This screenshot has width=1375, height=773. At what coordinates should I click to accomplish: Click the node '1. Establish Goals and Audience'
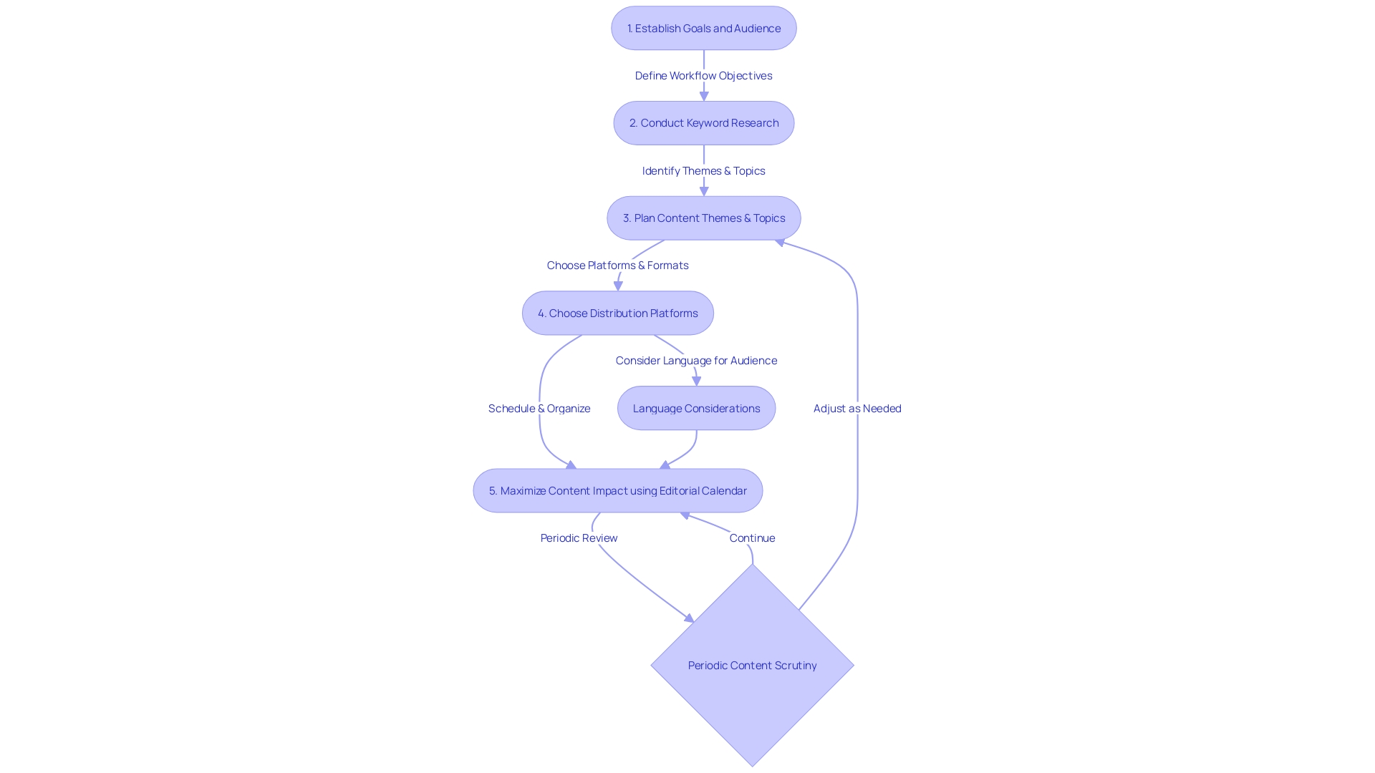coord(703,29)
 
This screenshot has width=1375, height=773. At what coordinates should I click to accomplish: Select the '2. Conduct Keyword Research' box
coord(703,123)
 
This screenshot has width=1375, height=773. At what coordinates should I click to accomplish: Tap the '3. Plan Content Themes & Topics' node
coord(703,218)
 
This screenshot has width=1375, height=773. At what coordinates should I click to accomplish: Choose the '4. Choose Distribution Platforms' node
coord(617,313)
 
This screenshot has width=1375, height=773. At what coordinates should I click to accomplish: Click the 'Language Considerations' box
coord(696,409)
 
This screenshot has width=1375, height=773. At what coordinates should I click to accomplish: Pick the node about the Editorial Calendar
coord(617,491)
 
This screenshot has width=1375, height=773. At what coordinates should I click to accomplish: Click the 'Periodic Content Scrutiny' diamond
coord(752,666)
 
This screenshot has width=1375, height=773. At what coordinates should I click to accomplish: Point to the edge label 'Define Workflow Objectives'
coord(703,76)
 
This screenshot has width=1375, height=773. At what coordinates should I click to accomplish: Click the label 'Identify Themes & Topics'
coord(703,171)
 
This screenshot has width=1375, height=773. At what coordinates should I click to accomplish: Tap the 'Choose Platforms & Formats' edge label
coord(617,266)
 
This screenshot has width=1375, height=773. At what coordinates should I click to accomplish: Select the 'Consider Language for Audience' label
coord(696,361)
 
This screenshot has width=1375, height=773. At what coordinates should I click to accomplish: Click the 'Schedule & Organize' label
coord(539,409)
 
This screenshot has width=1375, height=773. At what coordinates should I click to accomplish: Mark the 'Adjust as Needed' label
coord(857,409)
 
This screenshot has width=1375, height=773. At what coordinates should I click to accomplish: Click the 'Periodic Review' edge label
coord(579,538)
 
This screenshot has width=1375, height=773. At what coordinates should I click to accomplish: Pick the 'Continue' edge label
coord(752,538)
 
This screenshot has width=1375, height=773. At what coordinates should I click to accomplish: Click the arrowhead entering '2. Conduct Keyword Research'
coord(704,97)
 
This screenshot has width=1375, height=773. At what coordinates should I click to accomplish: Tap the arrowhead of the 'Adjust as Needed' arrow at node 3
coord(780,243)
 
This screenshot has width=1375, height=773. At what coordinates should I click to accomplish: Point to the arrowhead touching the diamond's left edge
coord(689,618)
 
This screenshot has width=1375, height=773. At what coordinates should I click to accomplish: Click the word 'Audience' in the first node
coord(757,29)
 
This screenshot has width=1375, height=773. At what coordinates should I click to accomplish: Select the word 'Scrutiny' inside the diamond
coord(795,666)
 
